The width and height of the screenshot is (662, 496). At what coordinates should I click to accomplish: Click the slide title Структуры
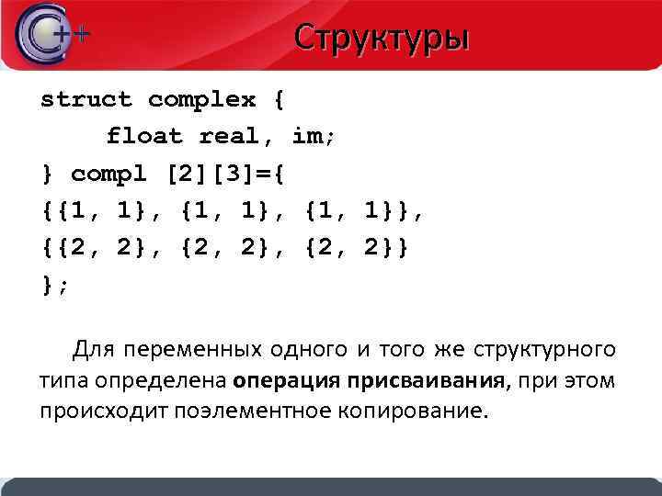pyautogui.click(x=382, y=38)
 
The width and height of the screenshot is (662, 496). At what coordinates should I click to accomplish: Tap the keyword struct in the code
pyautogui.click(x=86, y=98)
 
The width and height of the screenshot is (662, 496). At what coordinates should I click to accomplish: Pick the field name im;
pyautogui.click(x=314, y=136)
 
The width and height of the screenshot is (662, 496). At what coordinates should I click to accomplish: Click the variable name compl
pyautogui.click(x=109, y=173)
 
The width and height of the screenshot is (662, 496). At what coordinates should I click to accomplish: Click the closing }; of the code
pyautogui.click(x=55, y=285)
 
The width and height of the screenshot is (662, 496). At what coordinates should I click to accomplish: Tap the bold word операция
pyautogui.click(x=286, y=380)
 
